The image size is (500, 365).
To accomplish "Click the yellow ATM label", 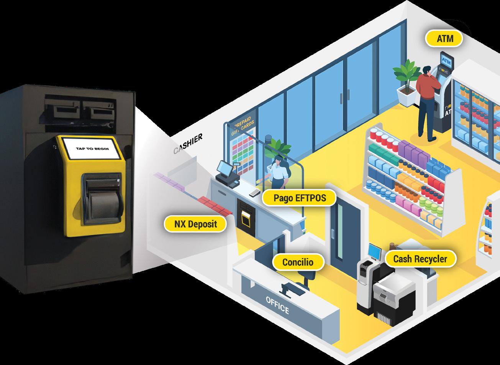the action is [x=444, y=38].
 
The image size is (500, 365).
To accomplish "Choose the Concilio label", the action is [x=298, y=262].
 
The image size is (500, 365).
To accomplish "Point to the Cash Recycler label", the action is [x=420, y=259].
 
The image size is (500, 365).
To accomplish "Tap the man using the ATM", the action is [x=426, y=102].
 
